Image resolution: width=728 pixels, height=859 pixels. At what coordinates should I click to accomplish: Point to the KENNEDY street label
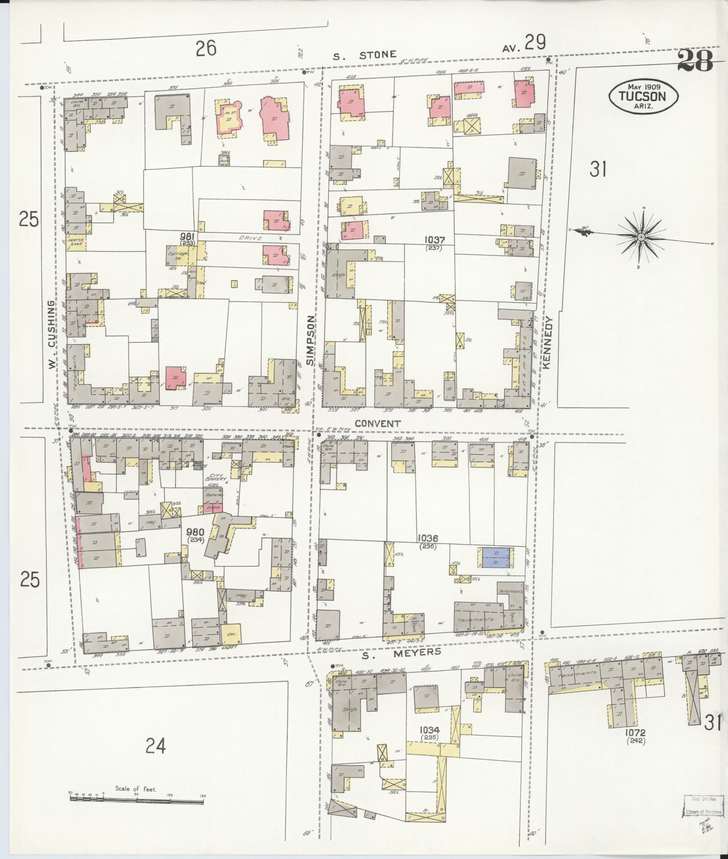pyautogui.click(x=549, y=343)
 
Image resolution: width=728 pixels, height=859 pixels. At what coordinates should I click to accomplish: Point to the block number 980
pyautogui.click(x=195, y=532)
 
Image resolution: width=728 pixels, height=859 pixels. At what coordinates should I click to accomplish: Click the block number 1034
pyautogui.click(x=428, y=730)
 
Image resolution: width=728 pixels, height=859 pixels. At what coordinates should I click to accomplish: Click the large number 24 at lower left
pyautogui.click(x=155, y=746)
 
